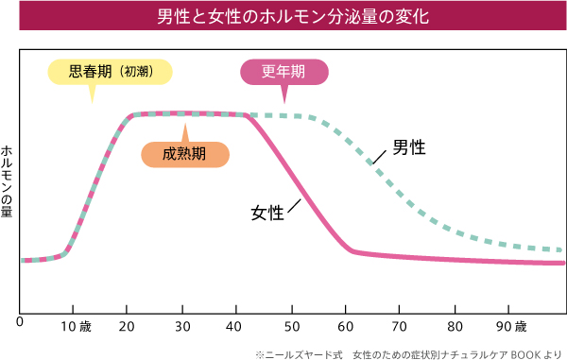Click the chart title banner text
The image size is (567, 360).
pos(283,18)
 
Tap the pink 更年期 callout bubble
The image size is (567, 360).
pos(284,71)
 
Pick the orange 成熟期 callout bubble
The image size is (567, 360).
pos(184,154)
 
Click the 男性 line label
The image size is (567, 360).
pos(408,147)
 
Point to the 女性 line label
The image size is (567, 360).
pos(267,214)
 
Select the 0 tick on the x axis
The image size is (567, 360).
pos(20,323)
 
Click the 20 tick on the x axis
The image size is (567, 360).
pos(129,327)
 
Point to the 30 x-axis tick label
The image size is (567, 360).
pos(184,327)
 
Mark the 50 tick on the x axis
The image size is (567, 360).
pos(293,327)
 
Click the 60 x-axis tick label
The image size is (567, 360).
pos(348,327)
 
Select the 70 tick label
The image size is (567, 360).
pos(402,327)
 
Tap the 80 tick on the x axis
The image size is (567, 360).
pos(456,327)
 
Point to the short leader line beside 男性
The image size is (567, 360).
pos(381,156)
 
